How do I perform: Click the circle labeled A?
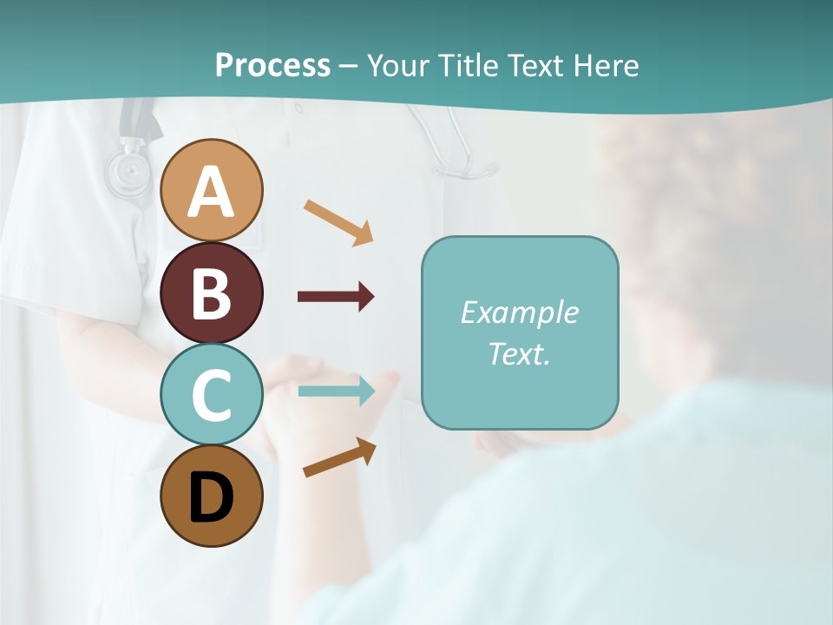click(x=212, y=190)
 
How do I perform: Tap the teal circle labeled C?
click(x=212, y=394)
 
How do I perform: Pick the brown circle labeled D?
click(x=212, y=496)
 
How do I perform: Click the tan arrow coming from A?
click(x=338, y=221)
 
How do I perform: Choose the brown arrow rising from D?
click(x=339, y=457)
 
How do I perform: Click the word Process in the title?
click(x=272, y=65)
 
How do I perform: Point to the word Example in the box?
click(x=519, y=312)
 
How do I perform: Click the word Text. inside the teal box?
click(x=519, y=353)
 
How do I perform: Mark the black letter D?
click(x=212, y=497)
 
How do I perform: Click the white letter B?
click(x=212, y=293)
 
